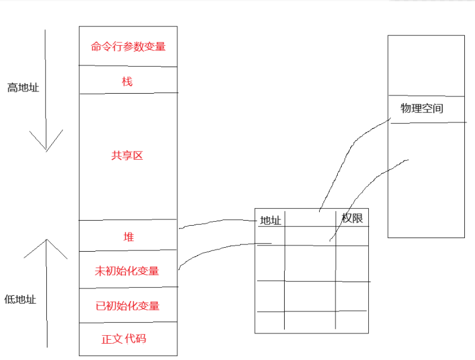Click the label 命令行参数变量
pyautogui.click(x=128, y=47)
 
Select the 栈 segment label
pyautogui.click(x=127, y=82)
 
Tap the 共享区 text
pyautogui.click(x=128, y=156)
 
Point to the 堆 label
pyautogui.click(x=128, y=237)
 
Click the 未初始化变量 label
pyautogui.click(x=127, y=271)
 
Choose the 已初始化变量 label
pyautogui.click(x=128, y=306)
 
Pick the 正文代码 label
pyautogui.click(x=124, y=339)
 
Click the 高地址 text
pyautogui.click(x=23, y=88)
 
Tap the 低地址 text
pyautogui.click(x=20, y=300)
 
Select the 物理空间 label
pyautogui.click(x=422, y=108)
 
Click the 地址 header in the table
pyautogui.click(x=271, y=221)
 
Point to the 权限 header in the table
pyautogui.click(x=352, y=218)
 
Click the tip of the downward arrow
pyautogui.click(x=46, y=151)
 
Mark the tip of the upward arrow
pyautogui.click(x=46, y=239)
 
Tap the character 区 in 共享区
pyautogui.click(x=138, y=156)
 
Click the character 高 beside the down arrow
pyautogui.click(x=12, y=88)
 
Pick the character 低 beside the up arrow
pyautogui.click(x=10, y=300)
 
